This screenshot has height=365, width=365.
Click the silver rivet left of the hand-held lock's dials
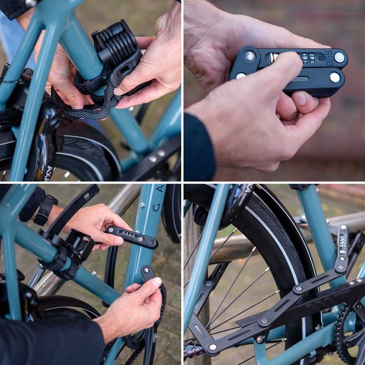(x=250, y=56)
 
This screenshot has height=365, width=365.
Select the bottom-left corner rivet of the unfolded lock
(x=212, y=347)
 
